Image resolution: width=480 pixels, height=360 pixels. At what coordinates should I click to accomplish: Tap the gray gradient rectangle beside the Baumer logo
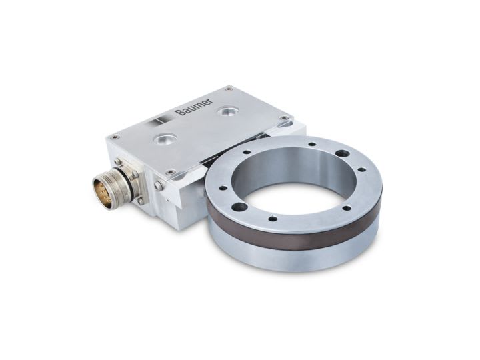161,121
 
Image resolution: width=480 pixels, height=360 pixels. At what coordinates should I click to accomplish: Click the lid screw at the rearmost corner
229,88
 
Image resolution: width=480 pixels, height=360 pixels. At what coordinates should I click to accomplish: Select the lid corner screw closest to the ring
284,118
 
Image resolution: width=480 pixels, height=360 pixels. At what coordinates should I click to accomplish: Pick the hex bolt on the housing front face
159,186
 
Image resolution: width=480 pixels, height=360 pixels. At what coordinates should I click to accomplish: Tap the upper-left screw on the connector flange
118,162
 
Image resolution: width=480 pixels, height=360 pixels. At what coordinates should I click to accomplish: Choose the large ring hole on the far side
342,153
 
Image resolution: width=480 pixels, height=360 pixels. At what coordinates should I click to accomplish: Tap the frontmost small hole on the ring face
273,218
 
